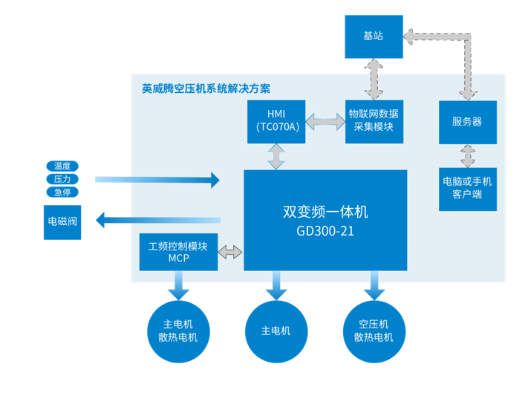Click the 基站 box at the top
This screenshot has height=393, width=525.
373,36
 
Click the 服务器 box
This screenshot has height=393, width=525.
467,121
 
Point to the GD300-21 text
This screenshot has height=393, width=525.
325,231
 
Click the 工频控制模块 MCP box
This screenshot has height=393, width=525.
178,252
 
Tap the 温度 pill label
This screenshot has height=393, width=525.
62,166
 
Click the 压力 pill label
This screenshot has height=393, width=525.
62,179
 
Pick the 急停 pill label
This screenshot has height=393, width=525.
62,192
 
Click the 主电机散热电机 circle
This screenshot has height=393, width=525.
178,331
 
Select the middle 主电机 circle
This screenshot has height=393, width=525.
276,331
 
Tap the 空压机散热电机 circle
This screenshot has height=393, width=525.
374,331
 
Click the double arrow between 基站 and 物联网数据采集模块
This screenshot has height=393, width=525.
373,78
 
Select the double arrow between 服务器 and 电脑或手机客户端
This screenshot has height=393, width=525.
467,156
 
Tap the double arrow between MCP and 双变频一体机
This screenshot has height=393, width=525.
230,252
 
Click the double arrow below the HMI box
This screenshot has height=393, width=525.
276,155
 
